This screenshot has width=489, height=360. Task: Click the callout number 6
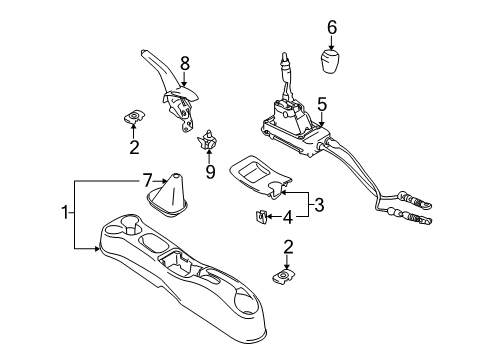click(332, 27)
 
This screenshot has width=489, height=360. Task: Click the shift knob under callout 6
click(330, 62)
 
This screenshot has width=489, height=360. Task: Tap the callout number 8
click(185, 64)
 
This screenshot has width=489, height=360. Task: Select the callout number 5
click(322, 105)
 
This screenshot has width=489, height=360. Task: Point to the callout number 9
click(210, 172)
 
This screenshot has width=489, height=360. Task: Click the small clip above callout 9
click(207, 139)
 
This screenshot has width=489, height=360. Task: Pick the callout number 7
click(148, 180)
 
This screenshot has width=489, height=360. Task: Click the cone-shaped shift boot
click(167, 196)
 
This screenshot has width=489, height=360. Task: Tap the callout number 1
click(65, 212)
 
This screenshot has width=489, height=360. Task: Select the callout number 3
click(319, 205)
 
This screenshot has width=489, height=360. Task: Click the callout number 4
click(288, 217)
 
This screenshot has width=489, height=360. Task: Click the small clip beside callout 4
click(261, 217)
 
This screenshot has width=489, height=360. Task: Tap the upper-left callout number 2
click(134, 147)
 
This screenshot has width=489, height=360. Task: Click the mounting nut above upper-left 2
click(134, 116)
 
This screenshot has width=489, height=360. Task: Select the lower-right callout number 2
click(288, 247)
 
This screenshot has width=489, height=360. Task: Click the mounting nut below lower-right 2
click(284, 276)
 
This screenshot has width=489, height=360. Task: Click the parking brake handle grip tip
click(143, 52)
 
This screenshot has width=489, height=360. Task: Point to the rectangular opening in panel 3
click(254, 172)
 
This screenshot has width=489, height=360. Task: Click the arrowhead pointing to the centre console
click(97, 248)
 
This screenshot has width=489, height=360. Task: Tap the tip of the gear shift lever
click(284, 55)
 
